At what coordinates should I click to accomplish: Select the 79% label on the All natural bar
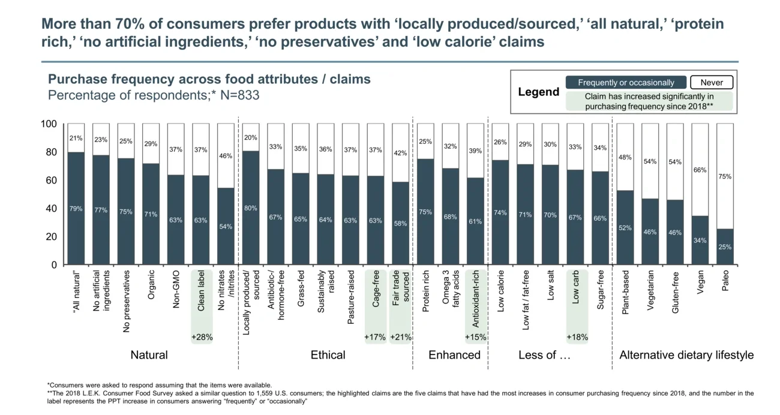pos(76,209)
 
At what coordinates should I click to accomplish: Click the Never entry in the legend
pos(712,83)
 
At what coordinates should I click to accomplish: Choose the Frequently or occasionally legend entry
pos(626,83)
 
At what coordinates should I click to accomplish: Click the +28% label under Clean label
pos(202,338)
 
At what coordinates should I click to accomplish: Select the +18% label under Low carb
pos(577,338)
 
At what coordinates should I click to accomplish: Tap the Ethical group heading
pos(328,355)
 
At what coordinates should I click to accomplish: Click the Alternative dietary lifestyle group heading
pos(686,355)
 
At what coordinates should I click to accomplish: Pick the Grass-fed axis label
pos(301,291)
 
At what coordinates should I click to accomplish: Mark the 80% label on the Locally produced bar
pos(251,208)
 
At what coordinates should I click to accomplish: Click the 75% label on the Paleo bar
pos(725,177)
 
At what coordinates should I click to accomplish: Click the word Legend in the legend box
pos(538,92)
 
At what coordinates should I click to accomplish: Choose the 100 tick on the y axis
pos(49,124)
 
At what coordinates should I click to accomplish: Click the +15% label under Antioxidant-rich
pos(475,338)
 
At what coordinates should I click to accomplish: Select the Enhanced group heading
pos(454,355)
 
